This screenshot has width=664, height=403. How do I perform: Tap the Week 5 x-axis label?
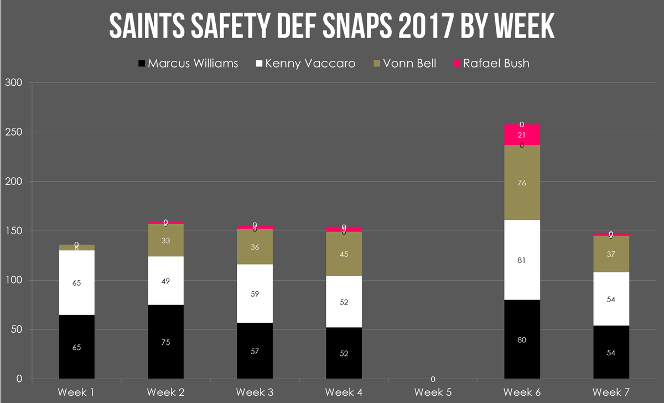[433, 392]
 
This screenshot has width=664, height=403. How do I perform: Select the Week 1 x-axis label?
[76, 392]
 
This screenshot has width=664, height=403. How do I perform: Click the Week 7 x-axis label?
[611, 392]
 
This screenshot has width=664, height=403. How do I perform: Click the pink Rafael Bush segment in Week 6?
[522, 135]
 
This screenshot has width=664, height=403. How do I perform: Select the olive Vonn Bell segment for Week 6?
[522, 183]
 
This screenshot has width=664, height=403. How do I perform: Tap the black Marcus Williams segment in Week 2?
[165, 342]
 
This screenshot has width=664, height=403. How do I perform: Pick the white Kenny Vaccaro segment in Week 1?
[76, 282]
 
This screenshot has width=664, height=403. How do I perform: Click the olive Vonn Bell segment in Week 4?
[344, 255]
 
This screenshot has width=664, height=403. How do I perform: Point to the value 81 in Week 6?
[522, 260]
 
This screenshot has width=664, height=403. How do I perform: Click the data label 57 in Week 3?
[255, 351]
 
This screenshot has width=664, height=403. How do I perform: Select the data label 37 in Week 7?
[611, 254]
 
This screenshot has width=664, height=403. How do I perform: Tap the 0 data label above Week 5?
[433, 379]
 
